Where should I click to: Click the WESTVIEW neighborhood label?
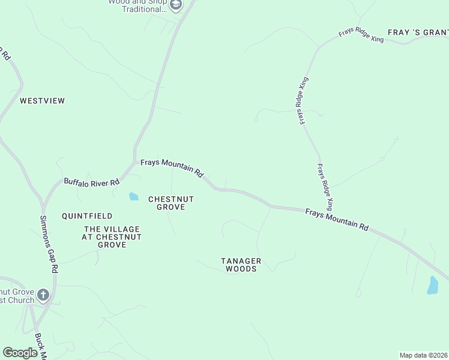pyautogui.click(x=42, y=101)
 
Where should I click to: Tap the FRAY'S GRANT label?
pyautogui.click(x=418, y=32)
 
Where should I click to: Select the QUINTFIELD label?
pyautogui.click(x=87, y=215)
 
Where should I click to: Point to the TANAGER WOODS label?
pyautogui.click(x=241, y=265)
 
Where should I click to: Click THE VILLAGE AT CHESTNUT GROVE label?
pyautogui.click(x=112, y=237)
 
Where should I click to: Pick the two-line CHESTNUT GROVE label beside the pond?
pyautogui.click(x=171, y=203)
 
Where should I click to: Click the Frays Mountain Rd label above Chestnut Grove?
pyautogui.click(x=172, y=167)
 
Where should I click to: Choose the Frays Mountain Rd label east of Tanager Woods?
pyautogui.click(x=336, y=219)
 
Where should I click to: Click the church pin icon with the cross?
pyautogui.click(x=43, y=295)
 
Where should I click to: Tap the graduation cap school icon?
pyautogui.click(x=175, y=6)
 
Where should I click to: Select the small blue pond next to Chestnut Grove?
pyautogui.click(x=133, y=196)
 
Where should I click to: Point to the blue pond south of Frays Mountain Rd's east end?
pyautogui.click(x=433, y=285)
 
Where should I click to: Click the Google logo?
pyautogui.click(x=20, y=353)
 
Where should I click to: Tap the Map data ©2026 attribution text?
pyautogui.click(x=423, y=355)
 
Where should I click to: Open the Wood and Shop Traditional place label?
pyautogui.click(x=137, y=6)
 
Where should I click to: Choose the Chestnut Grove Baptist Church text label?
pyautogui.click(x=17, y=296)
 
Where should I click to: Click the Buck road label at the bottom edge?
pyautogui.click(x=41, y=347)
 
